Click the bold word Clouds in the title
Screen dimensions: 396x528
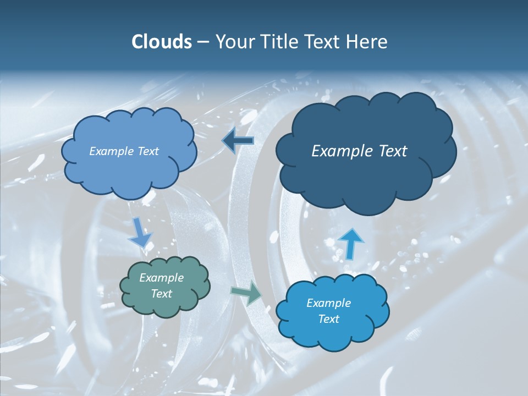(162, 42)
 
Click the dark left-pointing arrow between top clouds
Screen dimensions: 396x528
(238, 141)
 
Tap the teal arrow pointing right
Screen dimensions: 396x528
(248, 294)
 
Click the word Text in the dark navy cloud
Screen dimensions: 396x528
(392, 151)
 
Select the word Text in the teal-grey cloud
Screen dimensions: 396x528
(162, 294)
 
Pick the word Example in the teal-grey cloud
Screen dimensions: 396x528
(162, 278)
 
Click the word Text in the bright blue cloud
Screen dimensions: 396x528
(329, 320)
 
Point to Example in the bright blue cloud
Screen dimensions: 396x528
(329, 303)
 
